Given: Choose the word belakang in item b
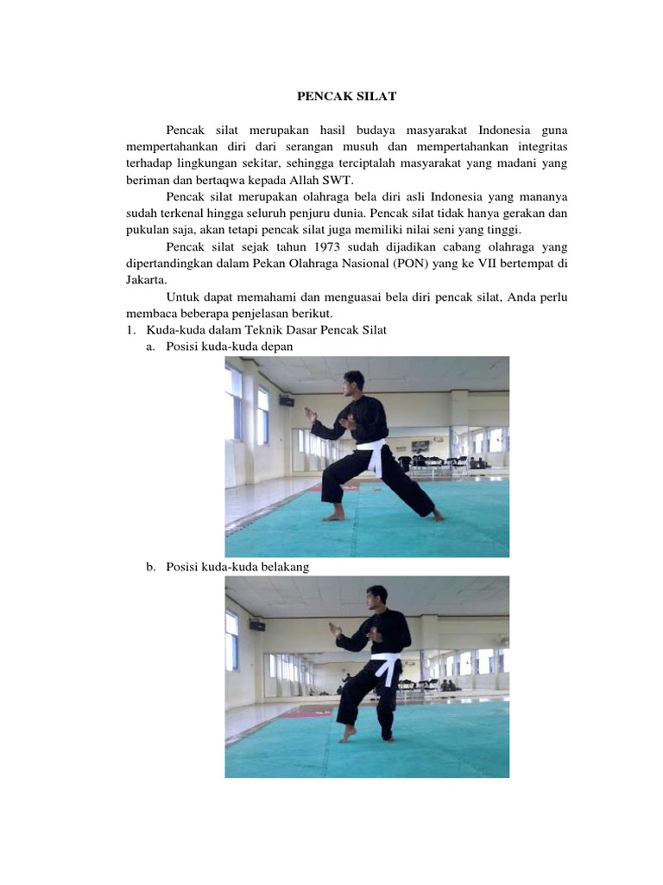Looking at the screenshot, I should [281, 566].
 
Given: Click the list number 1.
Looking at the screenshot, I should [129, 329].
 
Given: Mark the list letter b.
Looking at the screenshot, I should [149, 566].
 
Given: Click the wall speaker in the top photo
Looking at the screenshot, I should [287, 400].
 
